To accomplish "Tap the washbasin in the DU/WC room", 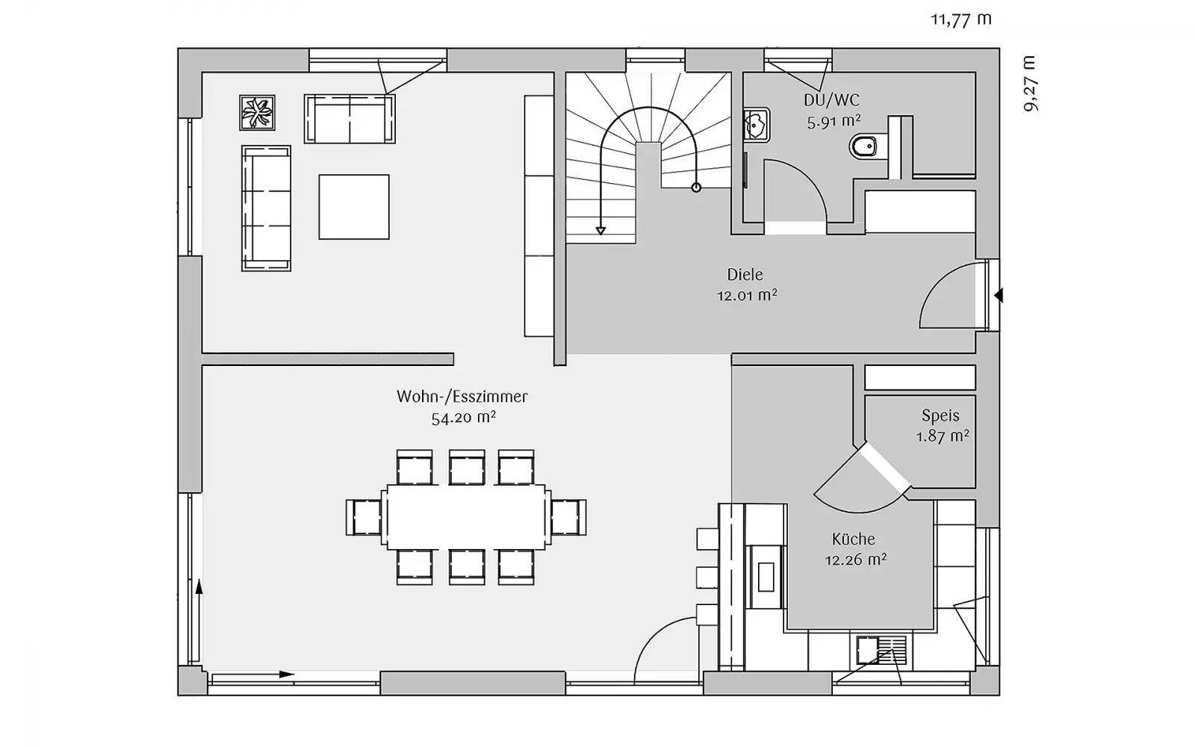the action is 757,125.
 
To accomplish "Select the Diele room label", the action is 745,275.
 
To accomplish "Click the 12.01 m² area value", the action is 747,295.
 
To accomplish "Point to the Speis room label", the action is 940,415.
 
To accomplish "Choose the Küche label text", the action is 854,539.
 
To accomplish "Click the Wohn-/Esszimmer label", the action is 462,397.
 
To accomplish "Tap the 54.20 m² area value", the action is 464,418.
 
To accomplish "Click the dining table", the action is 466,517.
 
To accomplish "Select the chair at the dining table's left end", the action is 364,517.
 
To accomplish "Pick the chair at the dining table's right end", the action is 568,517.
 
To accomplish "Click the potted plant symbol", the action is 257,113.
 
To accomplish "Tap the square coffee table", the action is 354,207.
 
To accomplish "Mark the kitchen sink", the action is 881,651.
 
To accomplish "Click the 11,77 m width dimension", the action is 961,19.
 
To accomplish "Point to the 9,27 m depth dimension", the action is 1030,83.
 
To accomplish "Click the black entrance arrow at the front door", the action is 999,295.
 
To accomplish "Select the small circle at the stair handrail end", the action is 696,187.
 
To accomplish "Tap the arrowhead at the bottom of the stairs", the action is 600,231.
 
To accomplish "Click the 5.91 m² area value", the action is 834,122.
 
